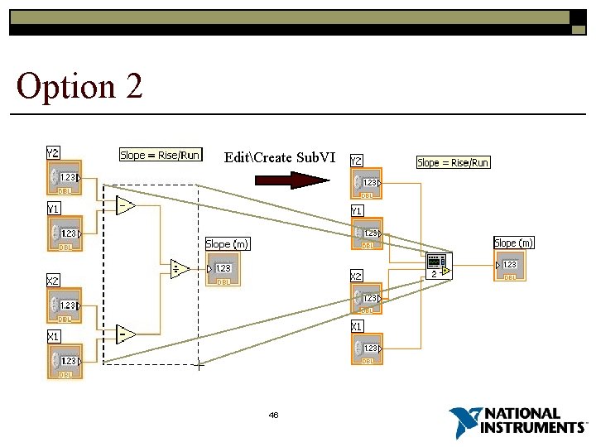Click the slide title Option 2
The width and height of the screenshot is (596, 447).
[x=79, y=86]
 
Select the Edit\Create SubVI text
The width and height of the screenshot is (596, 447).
[x=280, y=157]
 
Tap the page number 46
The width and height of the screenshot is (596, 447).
[x=273, y=415]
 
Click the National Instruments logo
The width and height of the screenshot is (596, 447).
[x=517, y=422]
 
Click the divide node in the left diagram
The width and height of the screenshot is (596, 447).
[x=180, y=268]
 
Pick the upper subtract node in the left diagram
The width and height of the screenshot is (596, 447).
[x=126, y=205]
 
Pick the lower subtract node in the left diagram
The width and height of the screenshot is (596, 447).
[x=126, y=334]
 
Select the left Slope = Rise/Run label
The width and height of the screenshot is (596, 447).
[x=161, y=155]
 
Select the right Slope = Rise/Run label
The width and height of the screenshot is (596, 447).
[x=453, y=162]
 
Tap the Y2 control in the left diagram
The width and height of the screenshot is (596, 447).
[x=65, y=178]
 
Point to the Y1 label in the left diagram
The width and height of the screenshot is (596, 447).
[x=53, y=209]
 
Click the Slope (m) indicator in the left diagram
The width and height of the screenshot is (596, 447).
[x=223, y=268]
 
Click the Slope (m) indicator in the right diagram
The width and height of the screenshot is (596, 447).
[x=509, y=265]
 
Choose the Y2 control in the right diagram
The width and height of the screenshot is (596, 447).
[x=368, y=183]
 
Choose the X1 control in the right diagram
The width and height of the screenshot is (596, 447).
[x=368, y=348]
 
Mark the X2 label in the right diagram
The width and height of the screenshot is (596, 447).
[x=357, y=276]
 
